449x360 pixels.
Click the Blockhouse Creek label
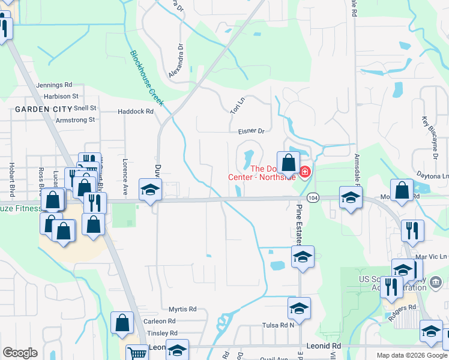coord(147,79)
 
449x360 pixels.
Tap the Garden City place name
coord(38,109)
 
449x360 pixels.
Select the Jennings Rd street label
coord(54,85)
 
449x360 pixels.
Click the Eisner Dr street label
coord(251,130)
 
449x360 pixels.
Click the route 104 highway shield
coord(313,198)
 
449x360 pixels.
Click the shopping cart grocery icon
coord(137,354)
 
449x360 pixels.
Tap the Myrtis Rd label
coord(182,309)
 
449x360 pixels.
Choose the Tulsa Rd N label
coord(280,325)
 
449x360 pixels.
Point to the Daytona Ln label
coord(437,176)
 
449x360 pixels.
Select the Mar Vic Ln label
coord(435,257)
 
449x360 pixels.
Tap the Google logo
coord(20,353)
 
